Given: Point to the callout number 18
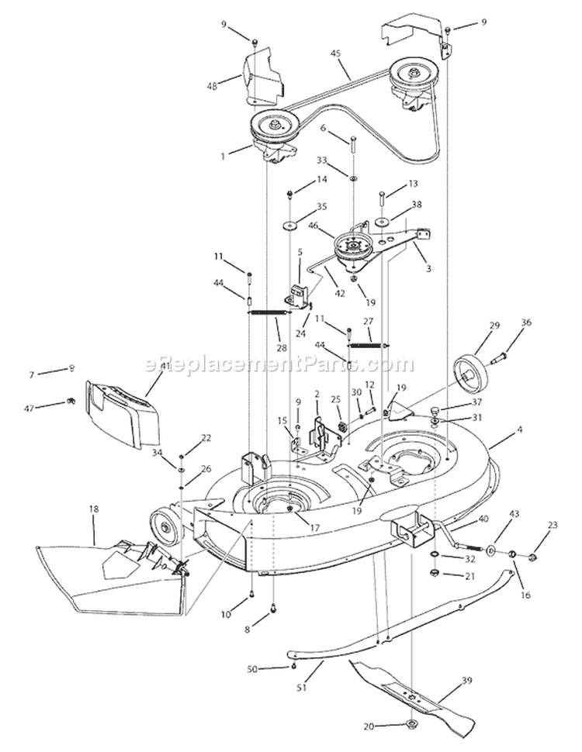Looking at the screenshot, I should [94, 509].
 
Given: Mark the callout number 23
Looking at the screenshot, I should [552, 525].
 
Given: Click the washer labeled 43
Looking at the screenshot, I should [490, 552].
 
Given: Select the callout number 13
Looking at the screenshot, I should [412, 183].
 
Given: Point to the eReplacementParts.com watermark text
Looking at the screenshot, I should [279, 363].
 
